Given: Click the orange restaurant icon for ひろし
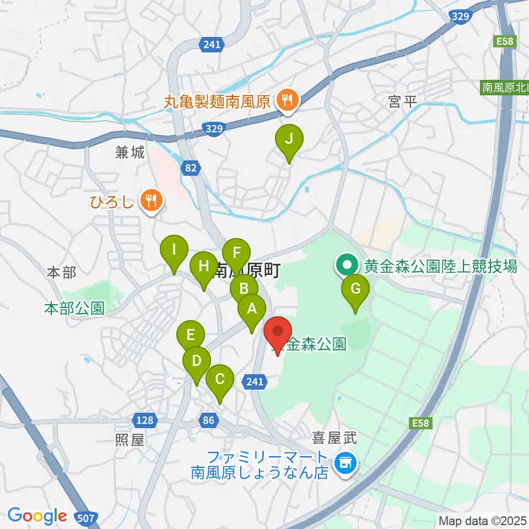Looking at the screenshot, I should click(x=150, y=199).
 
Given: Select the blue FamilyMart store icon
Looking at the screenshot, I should click(x=346, y=462).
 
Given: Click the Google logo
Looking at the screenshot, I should click(x=37, y=516).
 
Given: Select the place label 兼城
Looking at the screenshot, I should click(x=130, y=153).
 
